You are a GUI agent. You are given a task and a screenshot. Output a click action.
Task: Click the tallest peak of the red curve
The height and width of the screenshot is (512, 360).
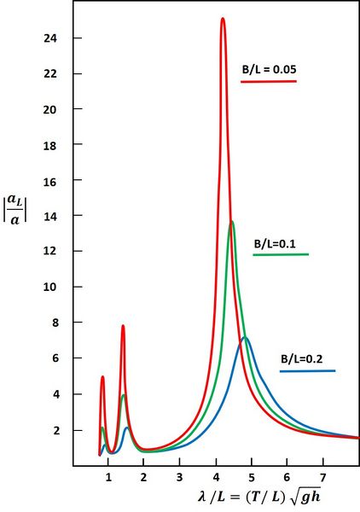(x=223, y=19)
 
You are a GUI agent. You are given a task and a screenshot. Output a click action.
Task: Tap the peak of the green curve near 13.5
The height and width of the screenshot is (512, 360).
(x=232, y=223)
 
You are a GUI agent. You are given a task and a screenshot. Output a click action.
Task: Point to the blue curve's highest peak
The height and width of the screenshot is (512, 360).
(x=245, y=338)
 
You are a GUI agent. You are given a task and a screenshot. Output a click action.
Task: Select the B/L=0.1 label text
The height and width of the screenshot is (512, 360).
(x=274, y=243)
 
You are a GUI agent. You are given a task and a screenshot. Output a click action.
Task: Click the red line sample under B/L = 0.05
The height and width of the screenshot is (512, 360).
(x=269, y=81)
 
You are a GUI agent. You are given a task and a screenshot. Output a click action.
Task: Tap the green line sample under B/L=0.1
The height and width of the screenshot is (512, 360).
(x=281, y=255)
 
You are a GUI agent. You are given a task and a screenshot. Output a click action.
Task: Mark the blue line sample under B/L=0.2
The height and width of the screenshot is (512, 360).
(x=307, y=371)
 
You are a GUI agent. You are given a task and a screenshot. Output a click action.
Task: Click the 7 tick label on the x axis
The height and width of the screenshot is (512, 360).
(x=322, y=474)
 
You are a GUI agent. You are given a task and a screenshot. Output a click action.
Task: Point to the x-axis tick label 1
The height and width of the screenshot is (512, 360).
(x=108, y=474)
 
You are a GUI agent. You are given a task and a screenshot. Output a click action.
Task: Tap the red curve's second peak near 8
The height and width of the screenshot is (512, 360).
(x=123, y=326)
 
